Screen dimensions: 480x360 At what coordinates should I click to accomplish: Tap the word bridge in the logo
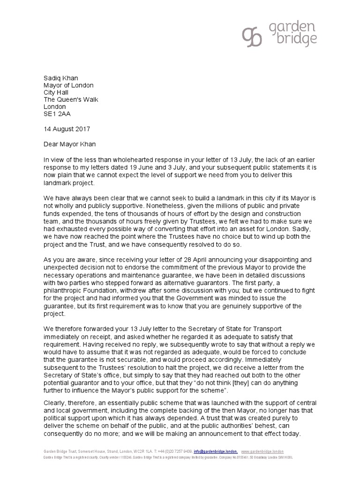[292, 41]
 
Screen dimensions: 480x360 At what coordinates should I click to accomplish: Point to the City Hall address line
[57, 92]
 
